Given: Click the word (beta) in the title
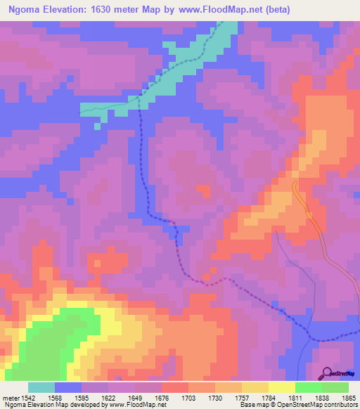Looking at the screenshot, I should coord(276,10).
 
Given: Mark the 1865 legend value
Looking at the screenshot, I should coord(349,398).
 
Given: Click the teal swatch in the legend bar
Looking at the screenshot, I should coord(41,387).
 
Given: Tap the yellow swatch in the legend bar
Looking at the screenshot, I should coord(282,387).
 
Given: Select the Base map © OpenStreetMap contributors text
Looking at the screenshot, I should coord(297,405).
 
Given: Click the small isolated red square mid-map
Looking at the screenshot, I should coord(204,190).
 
